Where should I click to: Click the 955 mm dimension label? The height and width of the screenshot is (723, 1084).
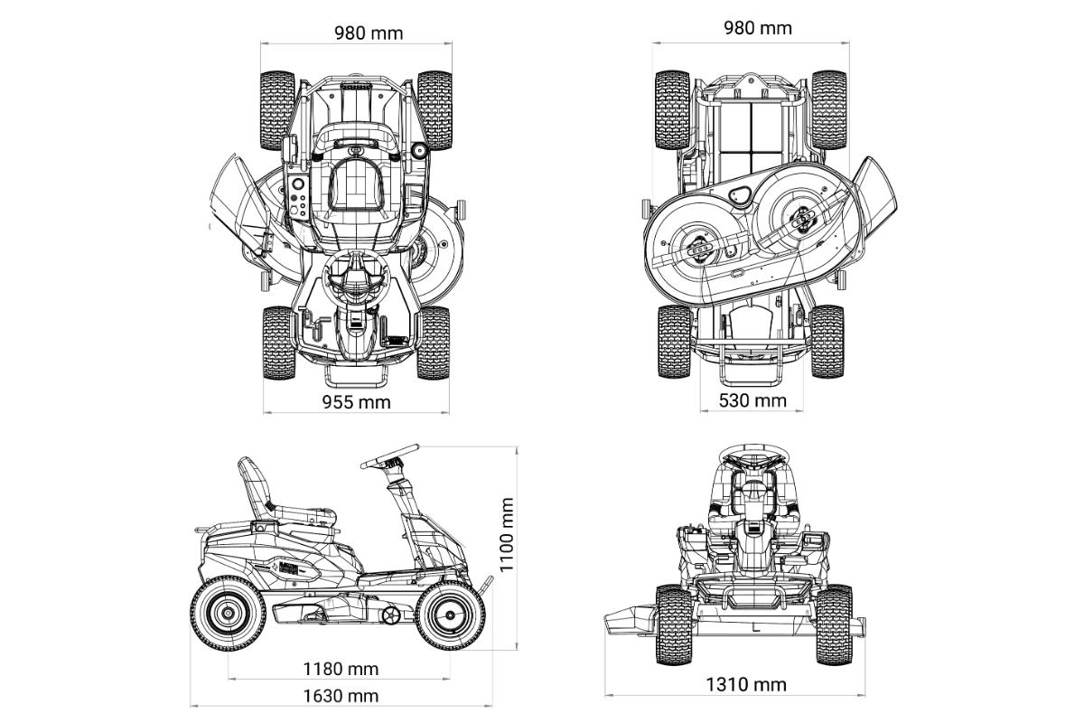coord(357,402)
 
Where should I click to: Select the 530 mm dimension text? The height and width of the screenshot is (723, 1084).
coord(752,400)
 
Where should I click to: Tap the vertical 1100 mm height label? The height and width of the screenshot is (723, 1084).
coord(506,535)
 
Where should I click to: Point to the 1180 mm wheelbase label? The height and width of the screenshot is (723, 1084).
coord(341,669)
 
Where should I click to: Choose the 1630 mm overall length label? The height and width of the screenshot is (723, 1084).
coord(341,696)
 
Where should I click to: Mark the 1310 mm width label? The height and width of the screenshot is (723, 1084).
coord(746,685)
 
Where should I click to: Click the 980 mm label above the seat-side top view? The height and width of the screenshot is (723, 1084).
coord(369,33)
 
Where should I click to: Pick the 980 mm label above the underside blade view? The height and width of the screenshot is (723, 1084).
coord(758,28)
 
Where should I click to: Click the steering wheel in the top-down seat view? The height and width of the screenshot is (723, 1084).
coord(356,279)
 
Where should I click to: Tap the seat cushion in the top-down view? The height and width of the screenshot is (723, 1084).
coord(357,185)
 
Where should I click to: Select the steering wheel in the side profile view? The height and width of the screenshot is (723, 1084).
coord(389,456)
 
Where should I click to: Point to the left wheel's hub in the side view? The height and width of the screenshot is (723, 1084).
coord(228,614)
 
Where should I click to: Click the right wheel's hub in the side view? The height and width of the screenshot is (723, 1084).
coord(451,615)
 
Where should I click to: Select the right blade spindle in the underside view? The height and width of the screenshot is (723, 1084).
coord(803,221)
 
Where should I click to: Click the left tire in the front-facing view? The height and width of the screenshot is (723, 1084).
coord(674,624)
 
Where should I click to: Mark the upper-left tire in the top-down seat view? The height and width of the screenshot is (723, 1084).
coord(277,110)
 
